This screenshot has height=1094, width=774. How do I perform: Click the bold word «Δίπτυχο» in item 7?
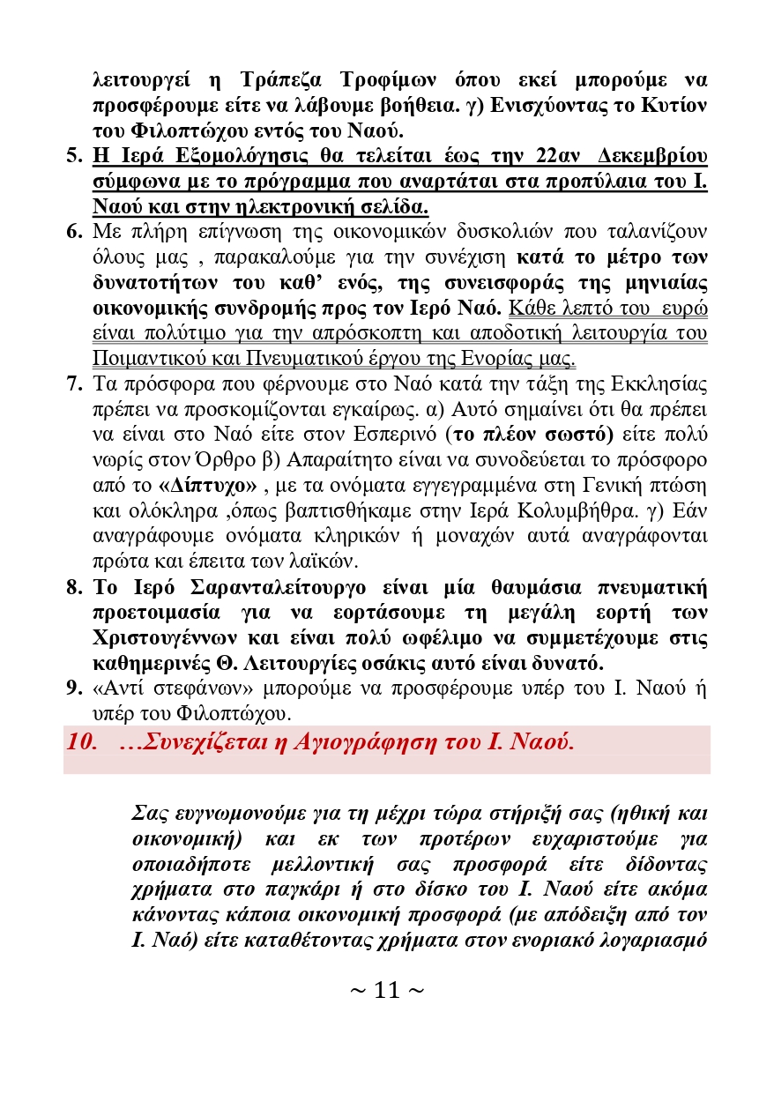[208, 486]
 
